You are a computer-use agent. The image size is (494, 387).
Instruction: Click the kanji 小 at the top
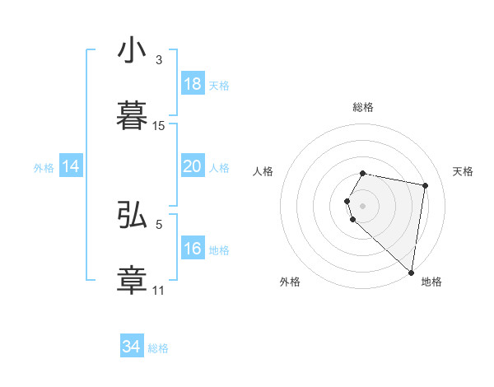coord(132,51)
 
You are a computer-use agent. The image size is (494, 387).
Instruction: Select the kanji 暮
coord(132,116)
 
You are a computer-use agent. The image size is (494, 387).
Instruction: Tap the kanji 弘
coord(132,215)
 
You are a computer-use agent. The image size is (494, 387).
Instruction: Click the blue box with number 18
coord(192,84)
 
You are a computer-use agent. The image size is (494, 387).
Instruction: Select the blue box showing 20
coord(192,167)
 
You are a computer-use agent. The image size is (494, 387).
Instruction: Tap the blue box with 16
coord(192,249)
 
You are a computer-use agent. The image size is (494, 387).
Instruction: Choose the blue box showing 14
coord(71,167)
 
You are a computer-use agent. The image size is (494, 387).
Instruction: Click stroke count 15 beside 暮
coord(159,126)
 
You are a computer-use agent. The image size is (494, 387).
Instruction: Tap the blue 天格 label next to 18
coord(219,85)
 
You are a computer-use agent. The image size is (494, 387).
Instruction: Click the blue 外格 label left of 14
coord(44,168)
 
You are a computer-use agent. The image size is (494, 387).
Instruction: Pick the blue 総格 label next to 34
coord(158,347)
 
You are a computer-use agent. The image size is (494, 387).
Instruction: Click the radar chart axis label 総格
coord(363,107)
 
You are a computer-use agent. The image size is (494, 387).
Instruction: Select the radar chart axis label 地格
coord(431,282)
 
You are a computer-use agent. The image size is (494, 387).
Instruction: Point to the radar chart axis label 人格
coord(263,171)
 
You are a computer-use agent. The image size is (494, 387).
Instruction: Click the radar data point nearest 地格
coord(411,272)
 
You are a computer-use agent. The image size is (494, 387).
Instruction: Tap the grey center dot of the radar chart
coord(363,205)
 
